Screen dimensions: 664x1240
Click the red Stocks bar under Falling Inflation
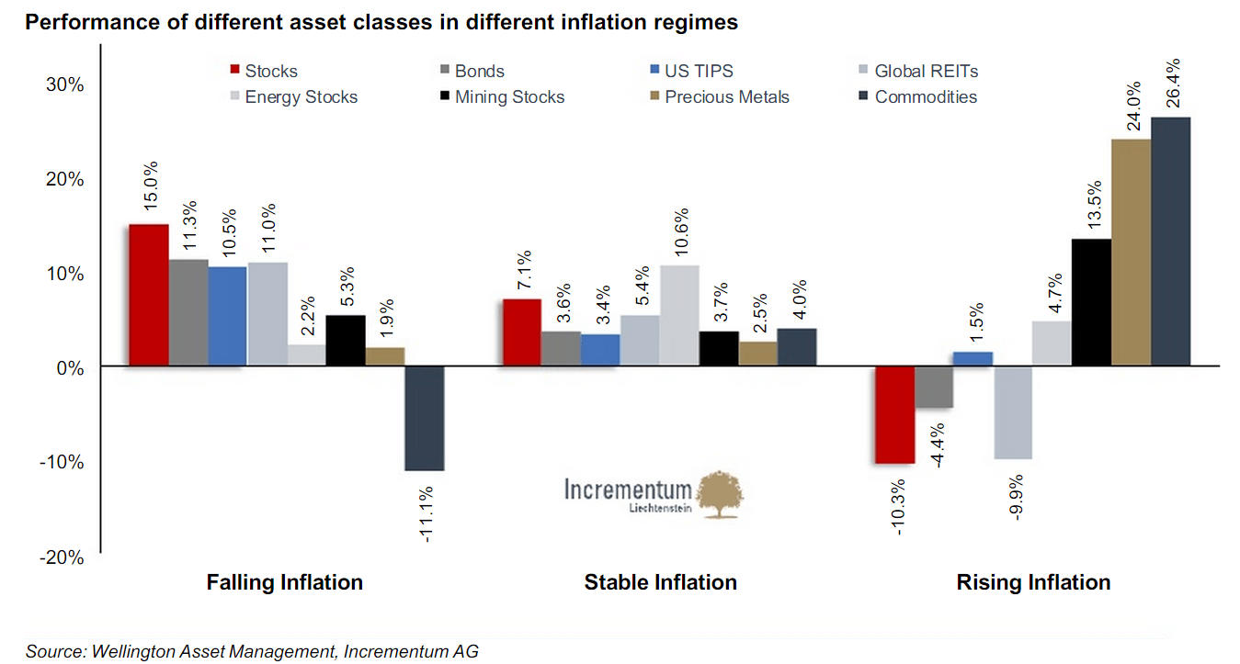click(148, 295)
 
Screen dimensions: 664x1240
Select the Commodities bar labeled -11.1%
click(424, 418)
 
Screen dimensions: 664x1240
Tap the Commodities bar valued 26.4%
click(1170, 242)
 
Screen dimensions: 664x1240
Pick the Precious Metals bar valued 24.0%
click(1131, 253)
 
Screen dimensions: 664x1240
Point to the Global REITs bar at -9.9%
click(1012, 412)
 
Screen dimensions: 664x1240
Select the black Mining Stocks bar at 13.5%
click(1090, 302)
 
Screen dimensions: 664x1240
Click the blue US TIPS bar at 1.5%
click(973, 359)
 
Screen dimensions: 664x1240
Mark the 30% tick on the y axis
click(65, 84)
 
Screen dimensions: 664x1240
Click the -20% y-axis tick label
click(62, 557)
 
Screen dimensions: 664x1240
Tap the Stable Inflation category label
click(660, 582)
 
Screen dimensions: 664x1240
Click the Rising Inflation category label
click(1033, 582)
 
